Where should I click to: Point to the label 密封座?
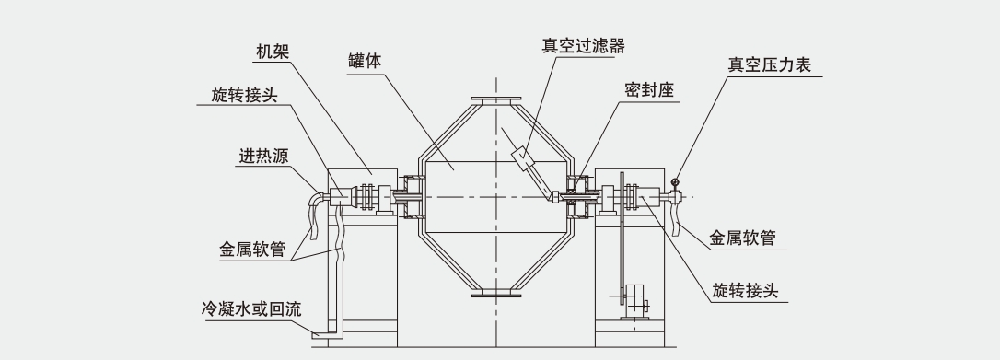pos(650,90)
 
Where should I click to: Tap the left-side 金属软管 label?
pos(251,249)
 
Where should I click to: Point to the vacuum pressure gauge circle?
pos(677,181)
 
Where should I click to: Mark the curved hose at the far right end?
pos(678,218)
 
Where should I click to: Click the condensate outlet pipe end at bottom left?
pos(317,334)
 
